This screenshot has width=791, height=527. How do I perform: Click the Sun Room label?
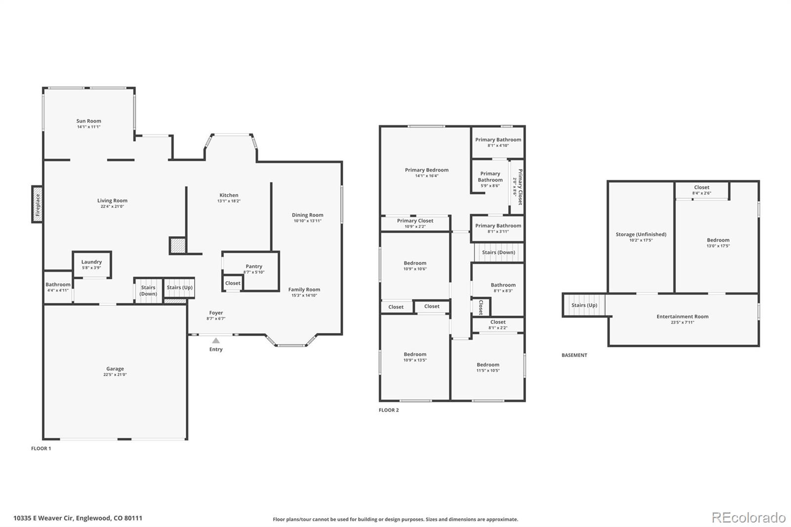[88, 121]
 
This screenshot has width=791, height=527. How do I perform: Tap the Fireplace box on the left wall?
[37, 204]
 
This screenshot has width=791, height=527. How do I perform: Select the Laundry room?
[92, 264]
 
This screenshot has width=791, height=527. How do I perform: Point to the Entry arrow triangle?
[216, 341]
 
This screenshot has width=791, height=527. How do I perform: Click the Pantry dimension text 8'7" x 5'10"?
[254, 272]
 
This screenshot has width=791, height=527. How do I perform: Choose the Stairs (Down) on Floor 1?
[148, 290]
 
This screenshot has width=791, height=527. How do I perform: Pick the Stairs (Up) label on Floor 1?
[180, 287]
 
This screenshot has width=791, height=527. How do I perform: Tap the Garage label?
[115, 368]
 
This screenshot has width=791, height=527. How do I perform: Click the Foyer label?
[216, 312]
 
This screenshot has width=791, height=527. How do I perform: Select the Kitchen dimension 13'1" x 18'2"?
[229, 201]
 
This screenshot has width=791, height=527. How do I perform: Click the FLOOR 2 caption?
[389, 410]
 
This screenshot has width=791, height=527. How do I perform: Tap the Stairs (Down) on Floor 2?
[498, 252]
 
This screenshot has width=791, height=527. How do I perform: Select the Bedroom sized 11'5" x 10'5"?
[488, 367]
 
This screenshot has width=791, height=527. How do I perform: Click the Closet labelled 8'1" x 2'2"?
[498, 325]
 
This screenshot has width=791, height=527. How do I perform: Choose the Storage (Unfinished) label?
[641, 234]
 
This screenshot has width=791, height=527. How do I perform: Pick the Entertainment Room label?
[682, 316]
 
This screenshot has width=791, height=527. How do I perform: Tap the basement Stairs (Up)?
[584, 305]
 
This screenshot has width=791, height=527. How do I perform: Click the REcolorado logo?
[748, 518]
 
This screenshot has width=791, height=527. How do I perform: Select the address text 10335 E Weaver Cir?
[44, 518]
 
